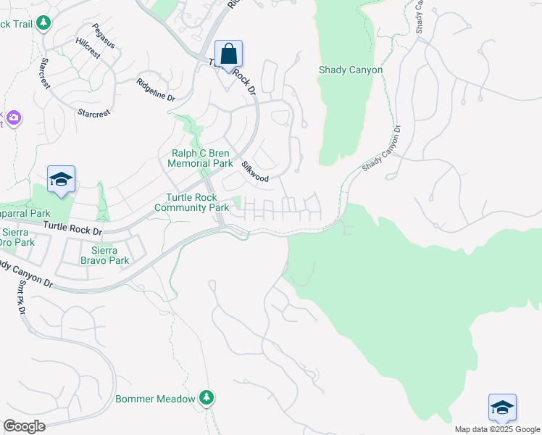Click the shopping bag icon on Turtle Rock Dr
228,54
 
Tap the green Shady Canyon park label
351,70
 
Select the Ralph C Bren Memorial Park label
200,158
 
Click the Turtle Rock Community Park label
197,202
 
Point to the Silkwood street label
256,171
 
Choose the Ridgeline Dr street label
156,90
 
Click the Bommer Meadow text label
155,399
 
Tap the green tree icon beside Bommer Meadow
207,397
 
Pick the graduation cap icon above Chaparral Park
62,180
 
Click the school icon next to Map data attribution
502,408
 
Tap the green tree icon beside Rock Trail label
44,24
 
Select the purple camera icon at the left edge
13,117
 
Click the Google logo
24,426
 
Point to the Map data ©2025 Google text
496,429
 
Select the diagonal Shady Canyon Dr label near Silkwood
381,149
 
